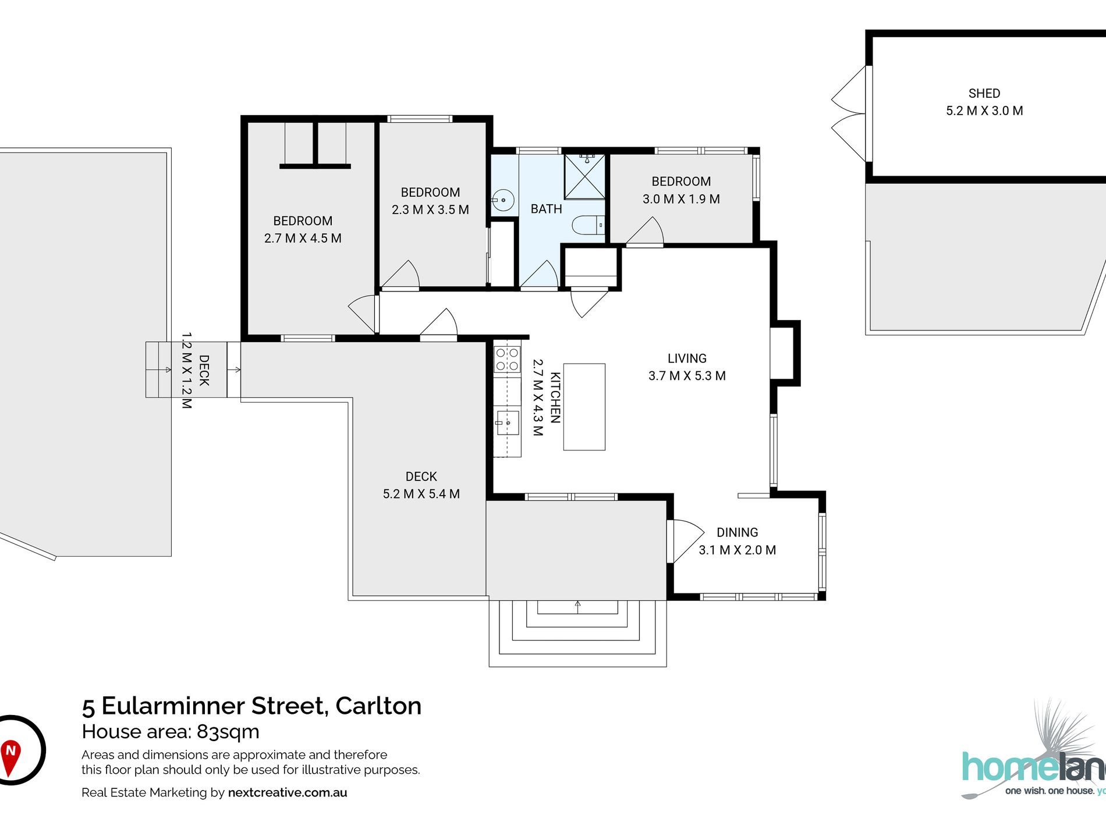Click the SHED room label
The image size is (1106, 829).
click(984, 93)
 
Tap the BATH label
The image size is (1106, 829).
click(546, 209)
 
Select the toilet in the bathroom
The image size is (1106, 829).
click(589, 225)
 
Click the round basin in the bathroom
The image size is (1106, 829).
click(504, 200)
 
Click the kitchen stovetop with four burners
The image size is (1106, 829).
click(507, 359)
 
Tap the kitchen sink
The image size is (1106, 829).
click(508, 423)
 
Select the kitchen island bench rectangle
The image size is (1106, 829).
click(584, 407)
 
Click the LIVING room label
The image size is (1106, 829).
click(687, 358)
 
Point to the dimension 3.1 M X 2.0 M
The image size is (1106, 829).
click(737, 550)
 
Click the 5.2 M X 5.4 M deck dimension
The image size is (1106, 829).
click(421, 494)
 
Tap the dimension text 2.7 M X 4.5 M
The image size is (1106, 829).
click(303, 238)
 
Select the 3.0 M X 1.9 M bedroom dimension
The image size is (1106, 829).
click(681, 199)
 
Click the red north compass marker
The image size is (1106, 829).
click(10, 756)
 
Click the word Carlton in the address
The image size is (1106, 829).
click(378, 706)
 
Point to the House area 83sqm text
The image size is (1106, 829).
click(171, 731)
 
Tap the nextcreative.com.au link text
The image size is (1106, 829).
click(288, 792)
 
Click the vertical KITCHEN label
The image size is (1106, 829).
click(555, 397)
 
